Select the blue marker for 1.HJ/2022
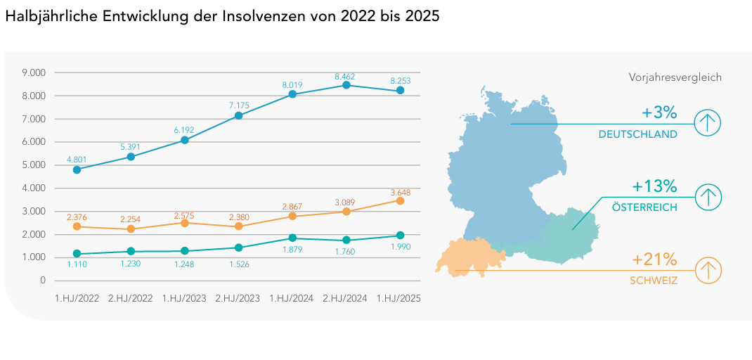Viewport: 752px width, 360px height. [x=77, y=169]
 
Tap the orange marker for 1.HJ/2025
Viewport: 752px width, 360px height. [x=400, y=200]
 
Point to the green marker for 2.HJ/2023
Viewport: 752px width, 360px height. [x=238, y=247]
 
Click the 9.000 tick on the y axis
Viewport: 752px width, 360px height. [x=34, y=72]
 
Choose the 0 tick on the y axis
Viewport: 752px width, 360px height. [x=42, y=281]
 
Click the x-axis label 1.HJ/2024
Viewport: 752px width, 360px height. [x=292, y=299]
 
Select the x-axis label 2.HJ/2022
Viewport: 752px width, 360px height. [x=131, y=299]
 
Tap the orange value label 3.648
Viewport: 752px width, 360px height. [x=400, y=192]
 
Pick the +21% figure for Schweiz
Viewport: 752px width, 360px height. [x=654, y=259]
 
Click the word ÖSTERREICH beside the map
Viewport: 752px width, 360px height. [x=644, y=207]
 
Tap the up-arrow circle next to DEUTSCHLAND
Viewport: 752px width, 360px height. [x=708, y=124]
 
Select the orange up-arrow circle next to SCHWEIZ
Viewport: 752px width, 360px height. [x=708, y=270]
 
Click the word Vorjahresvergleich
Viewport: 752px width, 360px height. [x=675, y=78]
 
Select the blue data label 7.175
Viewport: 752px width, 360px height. [x=238, y=105]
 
